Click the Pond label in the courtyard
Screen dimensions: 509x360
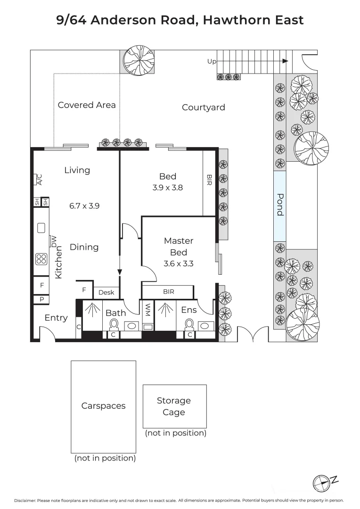[x=280, y=205]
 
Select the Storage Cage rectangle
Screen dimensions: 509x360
[x=174, y=406]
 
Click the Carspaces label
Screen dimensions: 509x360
[x=103, y=406]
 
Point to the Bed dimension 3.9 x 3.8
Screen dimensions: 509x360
[x=167, y=188]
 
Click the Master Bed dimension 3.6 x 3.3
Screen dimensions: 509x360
[x=178, y=264]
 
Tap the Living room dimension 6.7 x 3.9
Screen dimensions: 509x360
[x=84, y=205]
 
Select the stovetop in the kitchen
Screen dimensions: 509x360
[x=41, y=259]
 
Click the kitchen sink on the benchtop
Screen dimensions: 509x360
[x=41, y=228]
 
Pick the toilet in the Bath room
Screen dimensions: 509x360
[x=114, y=324]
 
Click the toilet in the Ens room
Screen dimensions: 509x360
[x=189, y=324]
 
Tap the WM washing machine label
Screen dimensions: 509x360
[x=147, y=310]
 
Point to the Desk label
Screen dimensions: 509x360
[x=106, y=293]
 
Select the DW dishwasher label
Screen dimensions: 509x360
[x=54, y=241]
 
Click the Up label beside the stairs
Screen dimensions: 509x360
[x=212, y=61]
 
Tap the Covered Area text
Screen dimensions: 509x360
[x=87, y=105]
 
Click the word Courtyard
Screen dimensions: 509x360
[x=204, y=107]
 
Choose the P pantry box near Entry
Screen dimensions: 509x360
[x=41, y=299]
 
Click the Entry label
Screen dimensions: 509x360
[x=56, y=318]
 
